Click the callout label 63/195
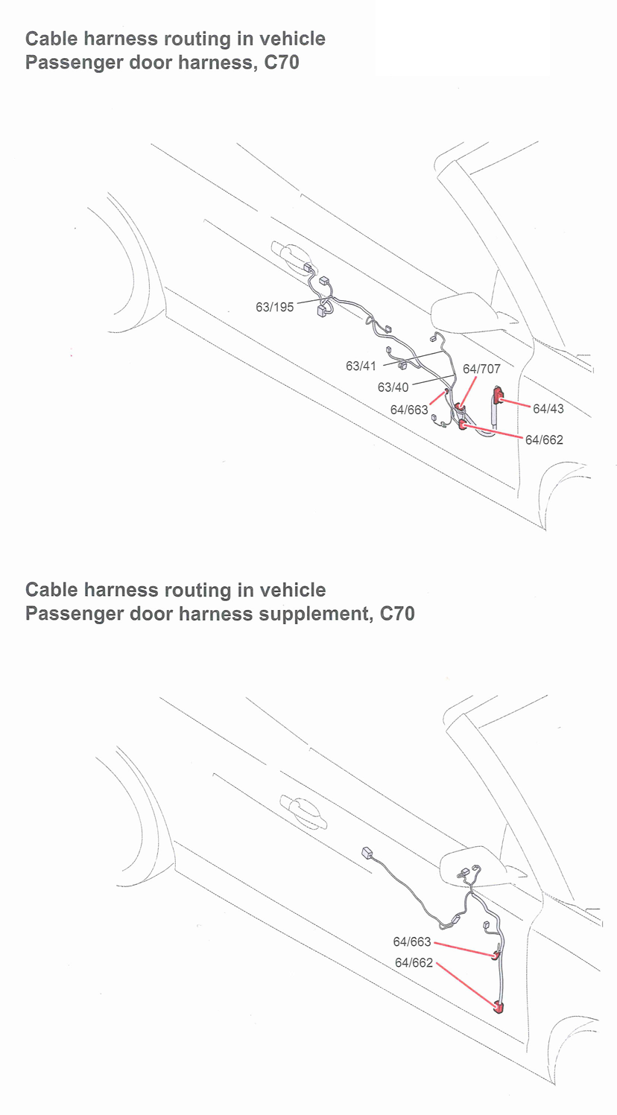[x=274, y=306]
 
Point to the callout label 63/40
[x=393, y=387]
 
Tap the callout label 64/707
[x=481, y=369]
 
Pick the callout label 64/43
[x=548, y=408]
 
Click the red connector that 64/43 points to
[x=498, y=396]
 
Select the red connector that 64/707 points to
[x=461, y=408]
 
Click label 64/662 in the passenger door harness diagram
[x=544, y=439]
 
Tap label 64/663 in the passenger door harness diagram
[x=409, y=410]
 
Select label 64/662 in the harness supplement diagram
[x=414, y=962]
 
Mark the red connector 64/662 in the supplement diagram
[x=499, y=1008]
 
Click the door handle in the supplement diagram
[x=303, y=812]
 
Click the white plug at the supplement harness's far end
[x=367, y=853]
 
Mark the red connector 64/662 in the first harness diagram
[x=463, y=425]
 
